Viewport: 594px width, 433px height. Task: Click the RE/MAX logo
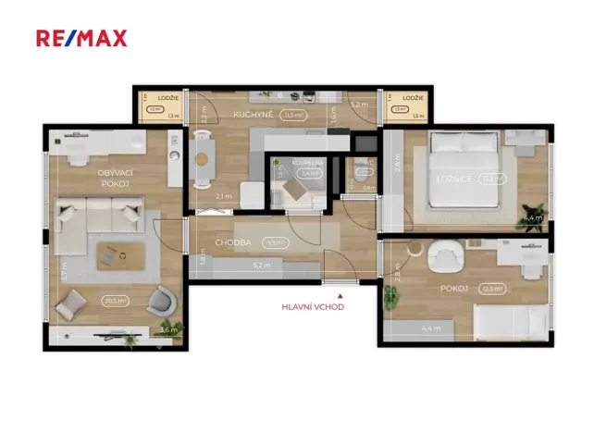(x=81, y=38)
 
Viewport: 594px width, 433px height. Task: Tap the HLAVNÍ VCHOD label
(x=313, y=307)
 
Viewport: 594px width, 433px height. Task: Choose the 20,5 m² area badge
(x=116, y=300)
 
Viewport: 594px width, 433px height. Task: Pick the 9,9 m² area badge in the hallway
(x=274, y=242)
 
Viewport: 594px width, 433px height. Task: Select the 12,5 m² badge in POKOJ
(x=494, y=289)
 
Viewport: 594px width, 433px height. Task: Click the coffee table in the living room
(x=114, y=253)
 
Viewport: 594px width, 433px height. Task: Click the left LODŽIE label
(x=167, y=97)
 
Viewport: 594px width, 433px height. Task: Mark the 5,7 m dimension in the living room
(x=64, y=275)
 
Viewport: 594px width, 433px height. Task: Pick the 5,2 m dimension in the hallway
(x=262, y=266)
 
